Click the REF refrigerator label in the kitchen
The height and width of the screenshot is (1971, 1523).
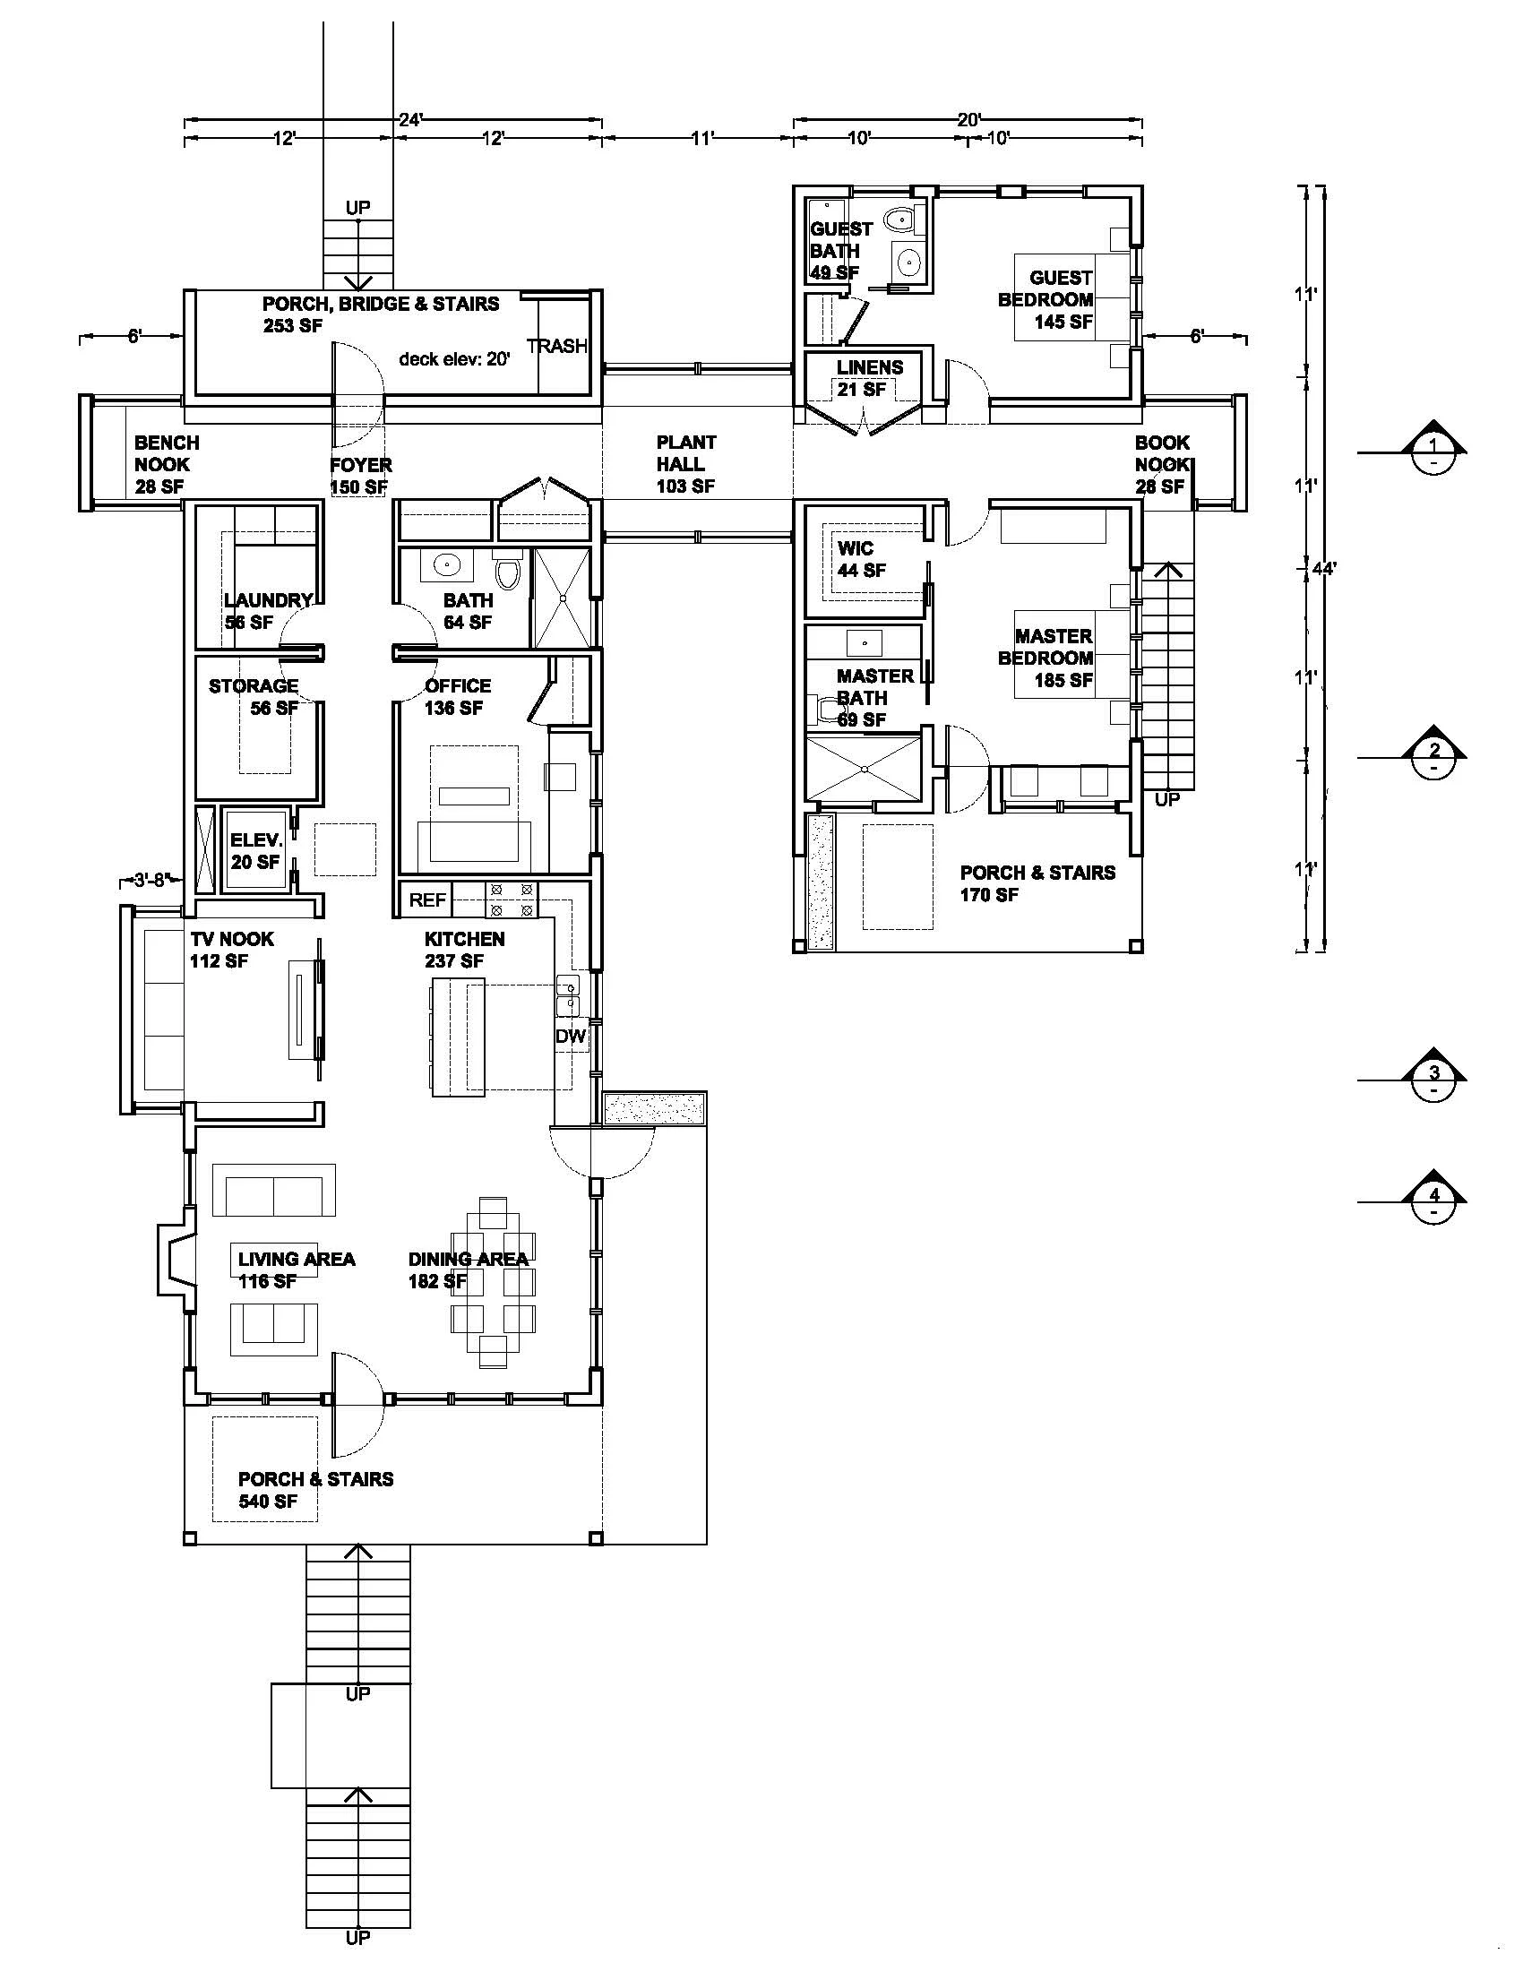click(426, 899)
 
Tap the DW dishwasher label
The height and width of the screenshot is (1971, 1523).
click(570, 1037)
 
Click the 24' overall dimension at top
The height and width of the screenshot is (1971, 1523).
click(411, 119)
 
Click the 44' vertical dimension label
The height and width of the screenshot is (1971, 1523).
click(1323, 569)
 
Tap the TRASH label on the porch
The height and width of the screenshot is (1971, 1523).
click(556, 346)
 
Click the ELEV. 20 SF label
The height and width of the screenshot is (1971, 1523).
click(256, 851)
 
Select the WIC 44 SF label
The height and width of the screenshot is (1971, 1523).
click(860, 560)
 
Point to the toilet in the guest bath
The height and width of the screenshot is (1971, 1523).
click(899, 219)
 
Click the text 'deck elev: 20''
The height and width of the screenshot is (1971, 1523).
click(455, 358)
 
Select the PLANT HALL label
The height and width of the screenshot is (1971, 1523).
click(685, 464)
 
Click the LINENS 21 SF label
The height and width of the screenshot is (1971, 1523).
click(868, 378)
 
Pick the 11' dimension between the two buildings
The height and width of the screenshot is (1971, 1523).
click(702, 138)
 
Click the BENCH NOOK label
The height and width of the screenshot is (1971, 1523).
click(165, 464)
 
